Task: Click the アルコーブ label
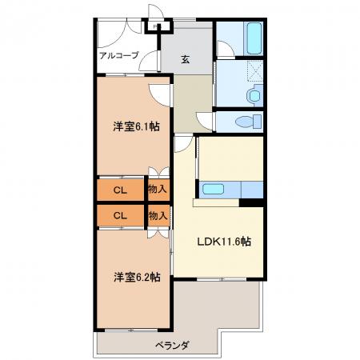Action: [x=119, y=55]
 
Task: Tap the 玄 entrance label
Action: [x=186, y=59]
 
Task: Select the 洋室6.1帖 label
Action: [x=137, y=126]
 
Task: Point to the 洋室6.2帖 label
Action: [x=137, y=277]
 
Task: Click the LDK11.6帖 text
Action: [x=224, y=242]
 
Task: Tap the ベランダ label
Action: [x=173, y=346]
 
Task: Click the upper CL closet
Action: [x=120, y=190]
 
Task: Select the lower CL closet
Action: [x=120, y=215]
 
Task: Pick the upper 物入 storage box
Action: [x=158, y=190]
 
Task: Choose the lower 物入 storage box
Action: [x=158, y=215]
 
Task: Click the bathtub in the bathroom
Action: [x=254, y=38]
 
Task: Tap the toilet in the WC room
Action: [x=249, y=122]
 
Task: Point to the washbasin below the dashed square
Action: [x=254, y=95]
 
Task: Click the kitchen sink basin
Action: [x=213, y=189]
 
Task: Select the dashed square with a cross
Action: [x=255, y=70]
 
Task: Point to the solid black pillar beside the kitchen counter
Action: [x=251, y=202]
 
